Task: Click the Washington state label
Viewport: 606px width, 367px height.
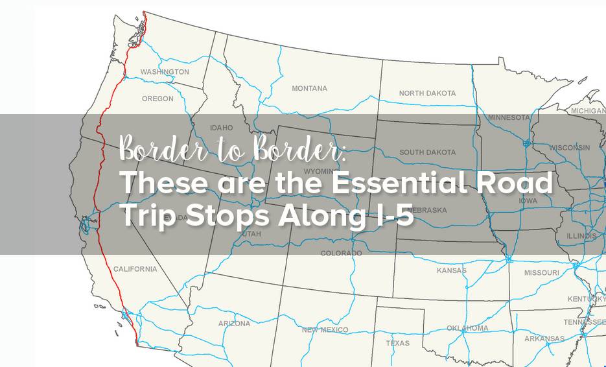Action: (x=165, y=72)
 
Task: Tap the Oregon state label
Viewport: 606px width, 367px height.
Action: (x=157, y=99)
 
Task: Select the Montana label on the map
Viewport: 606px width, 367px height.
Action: (x=309, y=88)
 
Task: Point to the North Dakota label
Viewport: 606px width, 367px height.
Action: (x=427, y=93)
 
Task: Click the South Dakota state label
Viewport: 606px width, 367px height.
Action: (x=427, y=152)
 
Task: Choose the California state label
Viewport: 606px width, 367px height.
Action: (x=135, y=269)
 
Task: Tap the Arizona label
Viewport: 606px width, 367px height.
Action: (x=234, y=324)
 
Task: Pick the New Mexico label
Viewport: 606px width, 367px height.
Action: (x=325, y=330)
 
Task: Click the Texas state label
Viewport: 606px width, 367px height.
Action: (x=397, y=343)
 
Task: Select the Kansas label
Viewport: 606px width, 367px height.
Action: (x=451, y=270)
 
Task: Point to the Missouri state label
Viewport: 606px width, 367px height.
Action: (x=541, y=273)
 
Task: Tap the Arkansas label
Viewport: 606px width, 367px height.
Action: (x=544, y=338)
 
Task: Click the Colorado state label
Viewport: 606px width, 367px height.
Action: (x=341, y=254)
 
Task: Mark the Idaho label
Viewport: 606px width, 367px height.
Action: (x=221, y=128)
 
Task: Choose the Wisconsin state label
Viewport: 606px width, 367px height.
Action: (x=569, y=148)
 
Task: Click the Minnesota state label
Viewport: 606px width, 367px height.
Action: (x=509, y=118)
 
